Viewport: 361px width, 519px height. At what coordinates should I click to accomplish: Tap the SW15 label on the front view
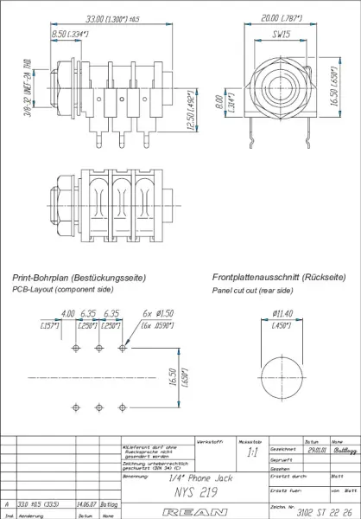279,37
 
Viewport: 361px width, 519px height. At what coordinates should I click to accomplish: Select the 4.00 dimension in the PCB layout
67,314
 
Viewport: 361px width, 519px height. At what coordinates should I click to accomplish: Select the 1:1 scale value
251,452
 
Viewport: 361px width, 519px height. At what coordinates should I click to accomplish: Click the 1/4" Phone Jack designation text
179,476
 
